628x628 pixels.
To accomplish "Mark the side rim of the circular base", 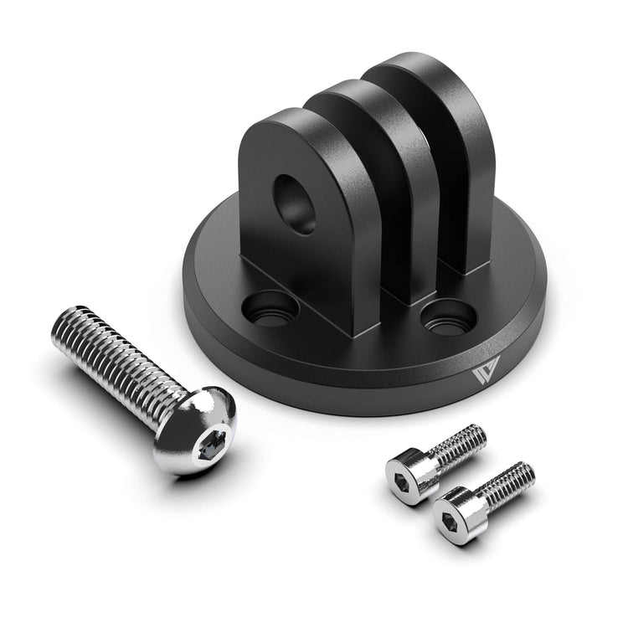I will point(352,381).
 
